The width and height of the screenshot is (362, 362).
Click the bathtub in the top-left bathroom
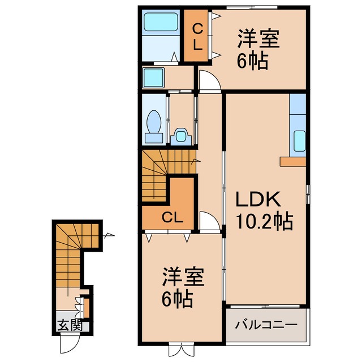160,23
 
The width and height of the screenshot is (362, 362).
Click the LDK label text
258,200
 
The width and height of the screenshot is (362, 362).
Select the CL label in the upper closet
197,36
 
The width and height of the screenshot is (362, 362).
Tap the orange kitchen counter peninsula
292,161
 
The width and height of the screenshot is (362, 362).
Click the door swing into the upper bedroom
208,81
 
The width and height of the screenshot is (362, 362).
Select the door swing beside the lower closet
208,223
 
